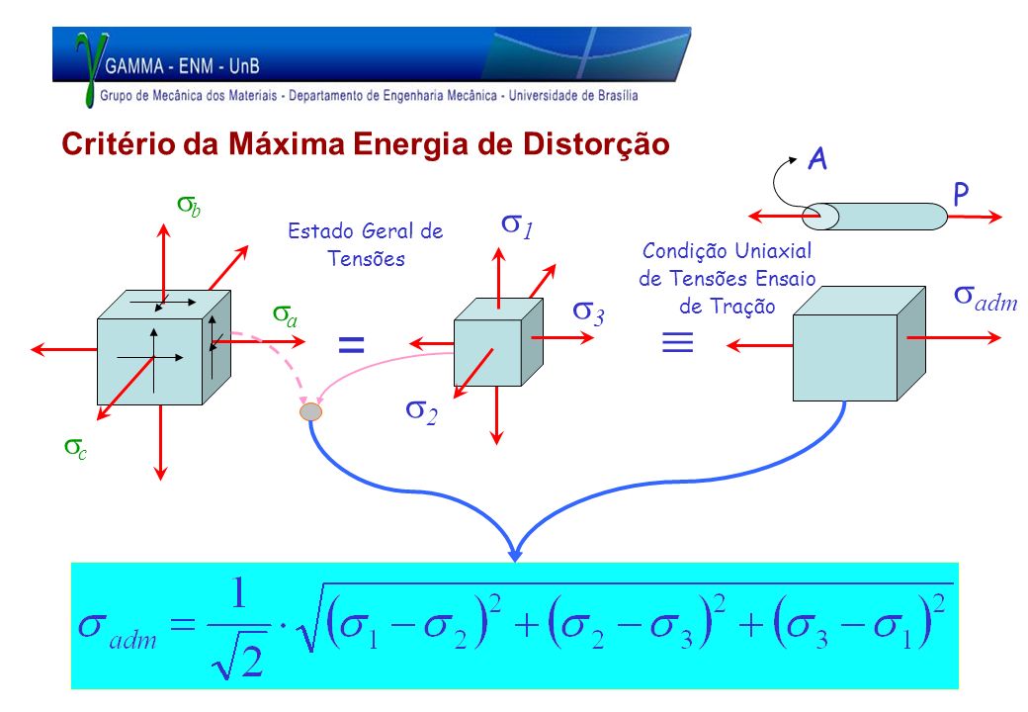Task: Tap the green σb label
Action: [x=189, y=206]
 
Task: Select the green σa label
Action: [x=286, y=315]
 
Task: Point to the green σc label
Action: [x=75, y=448]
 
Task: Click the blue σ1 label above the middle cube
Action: [x=518, y=225]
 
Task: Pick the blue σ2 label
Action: [x=421, y=411]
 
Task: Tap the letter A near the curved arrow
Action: [x=816, y=159]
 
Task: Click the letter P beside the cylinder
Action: [x=961, y=194]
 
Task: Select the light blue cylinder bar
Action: [x=875, y=217]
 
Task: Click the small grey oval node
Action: [x=310, y=411]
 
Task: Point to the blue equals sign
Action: [x=351, y=344]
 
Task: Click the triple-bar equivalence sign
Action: [x=678, y=342]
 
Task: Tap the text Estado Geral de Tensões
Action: [x=366, y=244]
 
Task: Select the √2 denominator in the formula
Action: [x=238, y=661]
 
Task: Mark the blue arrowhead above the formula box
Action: [x=515, y=553]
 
